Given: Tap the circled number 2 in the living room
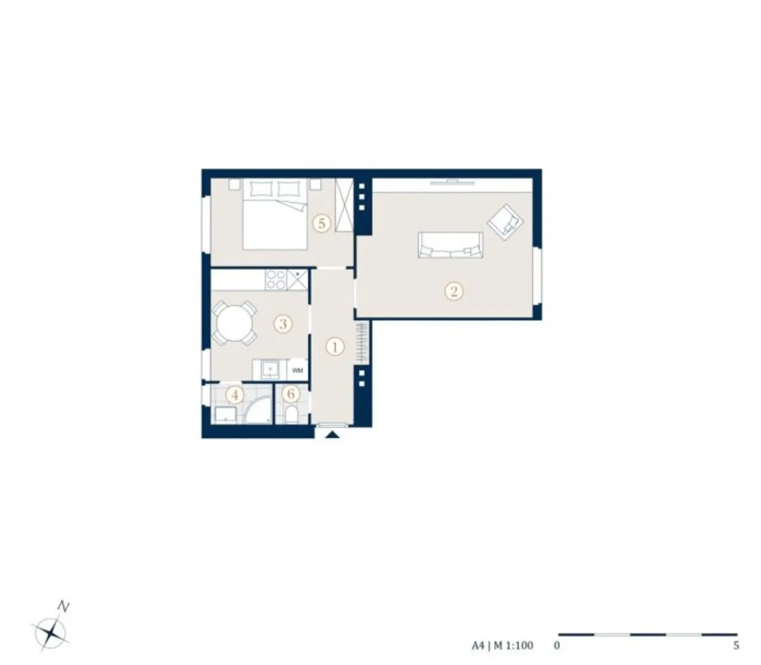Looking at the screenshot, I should (454, 291).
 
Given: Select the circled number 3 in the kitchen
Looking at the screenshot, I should (283, 324).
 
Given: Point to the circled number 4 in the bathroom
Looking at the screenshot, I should (235, 395).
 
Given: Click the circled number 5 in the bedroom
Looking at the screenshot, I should (322, 224).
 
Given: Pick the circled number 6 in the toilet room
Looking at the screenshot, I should (291, 394).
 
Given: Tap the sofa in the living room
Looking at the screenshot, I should (450, 245).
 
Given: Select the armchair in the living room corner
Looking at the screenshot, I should (505, 222).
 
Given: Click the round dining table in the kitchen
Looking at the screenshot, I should (234, 324).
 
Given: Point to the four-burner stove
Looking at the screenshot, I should (275, 280).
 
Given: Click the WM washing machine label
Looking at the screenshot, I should (297, 370).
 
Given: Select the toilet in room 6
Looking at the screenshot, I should (291, 416).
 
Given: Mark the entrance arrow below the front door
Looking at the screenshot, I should (333, 435).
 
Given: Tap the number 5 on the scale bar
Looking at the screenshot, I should (736, 645).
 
